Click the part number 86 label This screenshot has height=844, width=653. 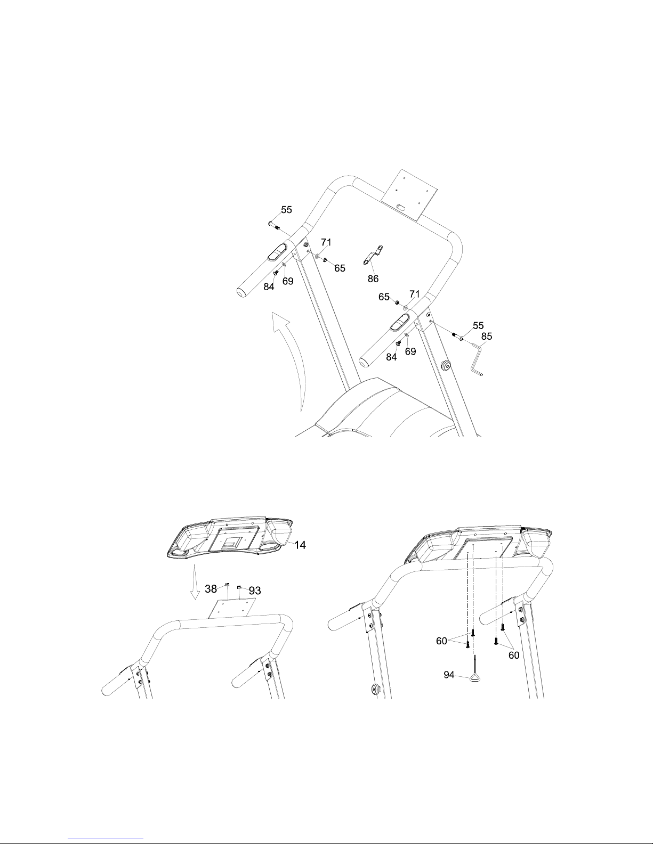373,278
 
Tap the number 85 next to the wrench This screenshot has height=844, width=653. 487,336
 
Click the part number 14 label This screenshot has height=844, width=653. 300,545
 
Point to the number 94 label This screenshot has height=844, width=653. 449,675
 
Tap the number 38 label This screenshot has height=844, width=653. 211,589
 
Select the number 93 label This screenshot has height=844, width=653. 255,591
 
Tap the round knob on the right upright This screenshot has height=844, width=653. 446,365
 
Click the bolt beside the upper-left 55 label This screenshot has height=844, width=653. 273,225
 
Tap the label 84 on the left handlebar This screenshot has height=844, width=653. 269,286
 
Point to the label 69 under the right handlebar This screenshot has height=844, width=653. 410,351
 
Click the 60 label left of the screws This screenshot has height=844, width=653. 441,641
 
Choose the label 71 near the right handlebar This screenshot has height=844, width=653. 414,294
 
